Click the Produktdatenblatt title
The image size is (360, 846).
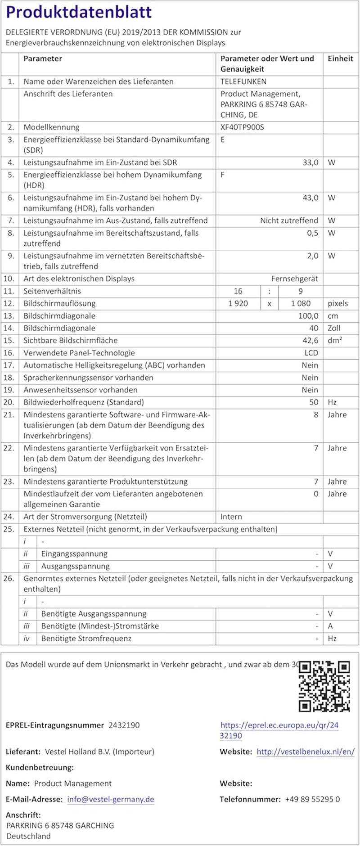[x=79, y=12]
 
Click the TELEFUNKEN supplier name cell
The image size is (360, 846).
[x=243, y=81]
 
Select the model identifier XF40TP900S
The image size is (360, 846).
[x=242, y=127]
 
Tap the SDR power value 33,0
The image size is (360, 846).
[x=310, y=162]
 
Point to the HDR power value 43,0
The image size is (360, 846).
[x=310, y=198]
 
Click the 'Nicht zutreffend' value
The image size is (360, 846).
[x=289, y=220]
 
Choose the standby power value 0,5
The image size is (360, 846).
[x=312, y=233]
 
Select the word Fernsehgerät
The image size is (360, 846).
[x=294, y=279]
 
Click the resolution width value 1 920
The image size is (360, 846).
[x=238, y=303]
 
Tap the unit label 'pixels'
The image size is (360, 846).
[x=337, y=303]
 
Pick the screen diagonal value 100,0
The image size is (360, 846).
[x=308, y=316]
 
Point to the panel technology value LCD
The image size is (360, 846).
[x=311, y=353]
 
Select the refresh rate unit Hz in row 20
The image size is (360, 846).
[x=332, y=402]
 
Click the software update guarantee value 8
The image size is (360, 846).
[x=316, y=414]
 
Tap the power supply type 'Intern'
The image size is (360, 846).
[x=231, y=517]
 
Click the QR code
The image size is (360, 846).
[x=324, y=687]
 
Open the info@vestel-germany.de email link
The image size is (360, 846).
[x=111, y=799]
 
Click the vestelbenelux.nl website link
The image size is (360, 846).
[x=305, y=751]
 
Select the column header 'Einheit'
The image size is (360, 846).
[x=340, y=58]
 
